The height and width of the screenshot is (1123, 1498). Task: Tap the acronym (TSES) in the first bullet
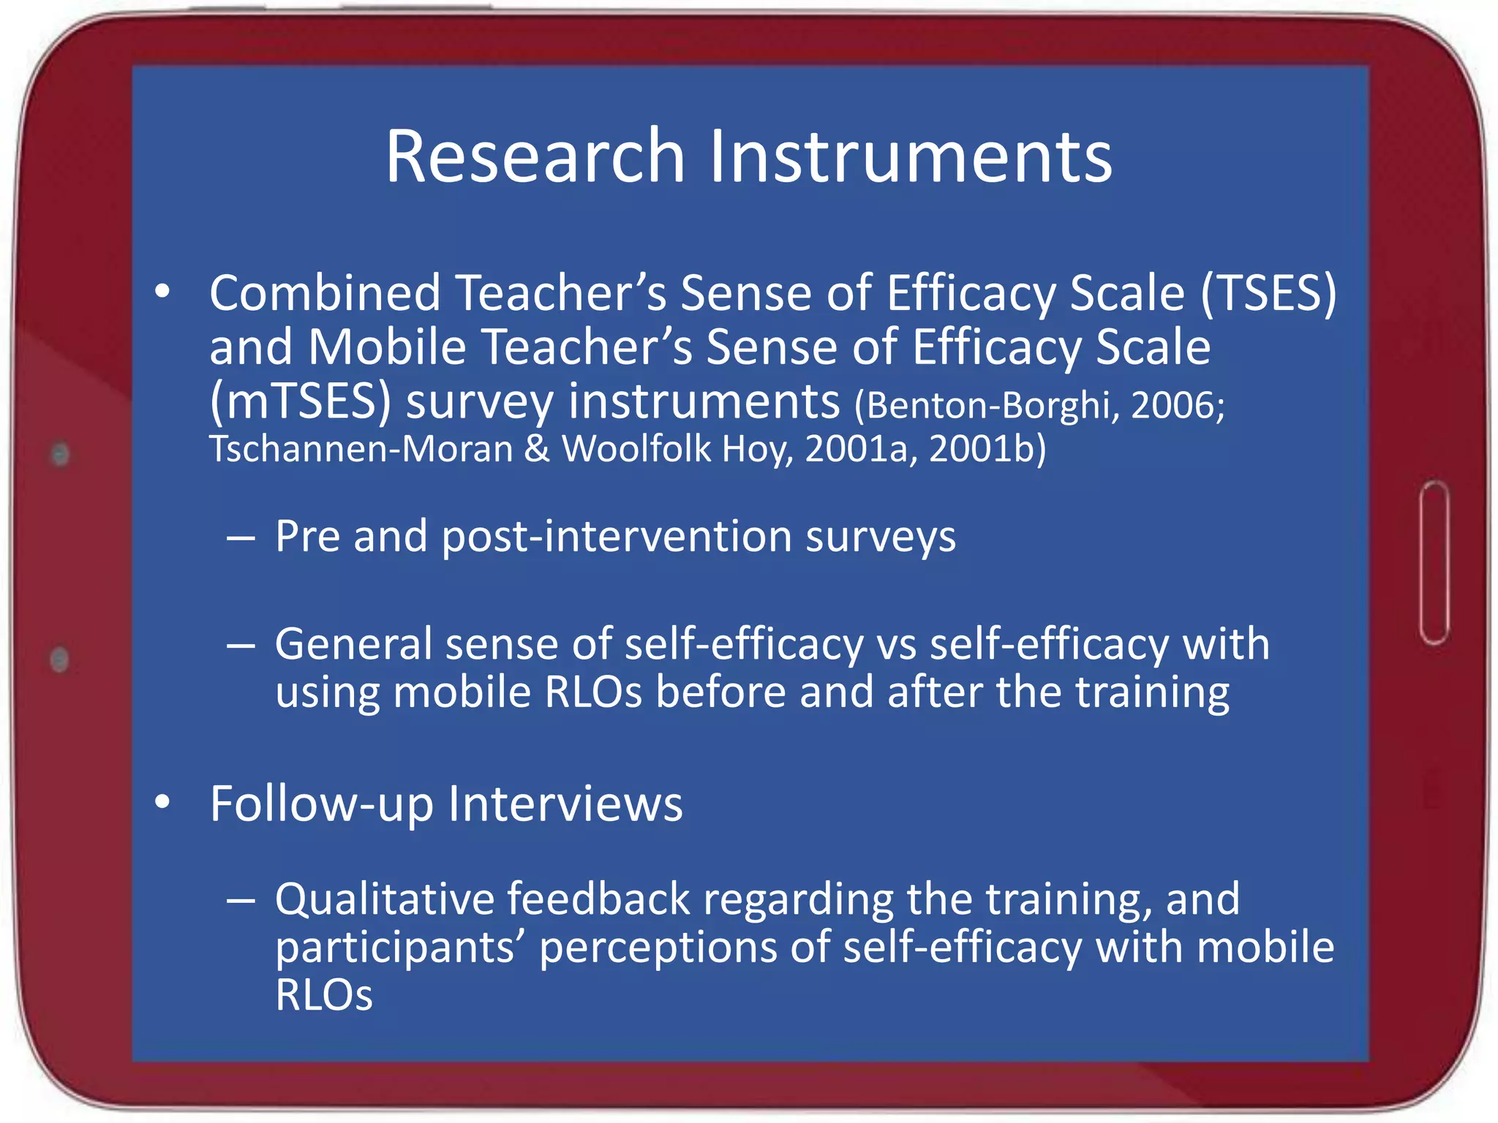pos(1269,292)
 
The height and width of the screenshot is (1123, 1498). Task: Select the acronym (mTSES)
pos(300,401)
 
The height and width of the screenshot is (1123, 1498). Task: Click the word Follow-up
pos(322,804)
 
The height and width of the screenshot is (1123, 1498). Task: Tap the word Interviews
pos(565,804)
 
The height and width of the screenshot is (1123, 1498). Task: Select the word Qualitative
pos(385,899)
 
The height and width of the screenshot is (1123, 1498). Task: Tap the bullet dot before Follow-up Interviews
pos(162,802)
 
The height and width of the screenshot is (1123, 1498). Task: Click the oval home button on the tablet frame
pos(1434,563)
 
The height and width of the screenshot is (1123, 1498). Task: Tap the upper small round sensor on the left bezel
pos(61,454)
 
